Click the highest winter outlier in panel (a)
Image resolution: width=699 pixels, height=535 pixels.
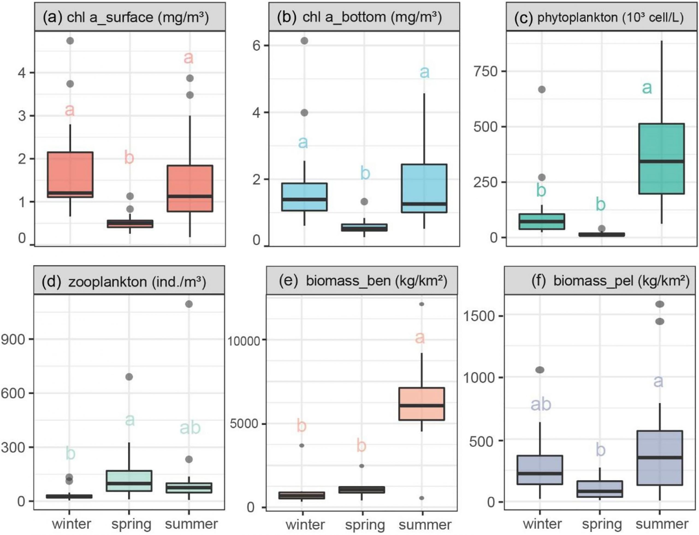point(70,41)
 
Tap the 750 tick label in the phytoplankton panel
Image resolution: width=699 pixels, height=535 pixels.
point(485,71)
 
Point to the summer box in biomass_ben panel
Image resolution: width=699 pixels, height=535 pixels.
point(422,404)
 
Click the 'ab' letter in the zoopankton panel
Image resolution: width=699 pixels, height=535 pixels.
point(190,428)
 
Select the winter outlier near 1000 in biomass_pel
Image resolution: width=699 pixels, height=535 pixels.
point(540,370)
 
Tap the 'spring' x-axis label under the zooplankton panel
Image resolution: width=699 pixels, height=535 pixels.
point(131,524)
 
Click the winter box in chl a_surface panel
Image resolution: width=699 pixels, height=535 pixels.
point(70,175)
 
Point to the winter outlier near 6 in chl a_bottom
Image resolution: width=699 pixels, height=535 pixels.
point(304,41)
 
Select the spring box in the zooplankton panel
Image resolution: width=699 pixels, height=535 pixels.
point(129,480)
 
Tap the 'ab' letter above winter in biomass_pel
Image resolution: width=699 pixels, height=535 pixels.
point(541,404)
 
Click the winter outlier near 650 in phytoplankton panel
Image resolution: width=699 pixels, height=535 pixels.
point(541,89)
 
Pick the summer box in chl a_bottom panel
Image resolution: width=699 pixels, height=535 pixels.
point(424,188)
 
